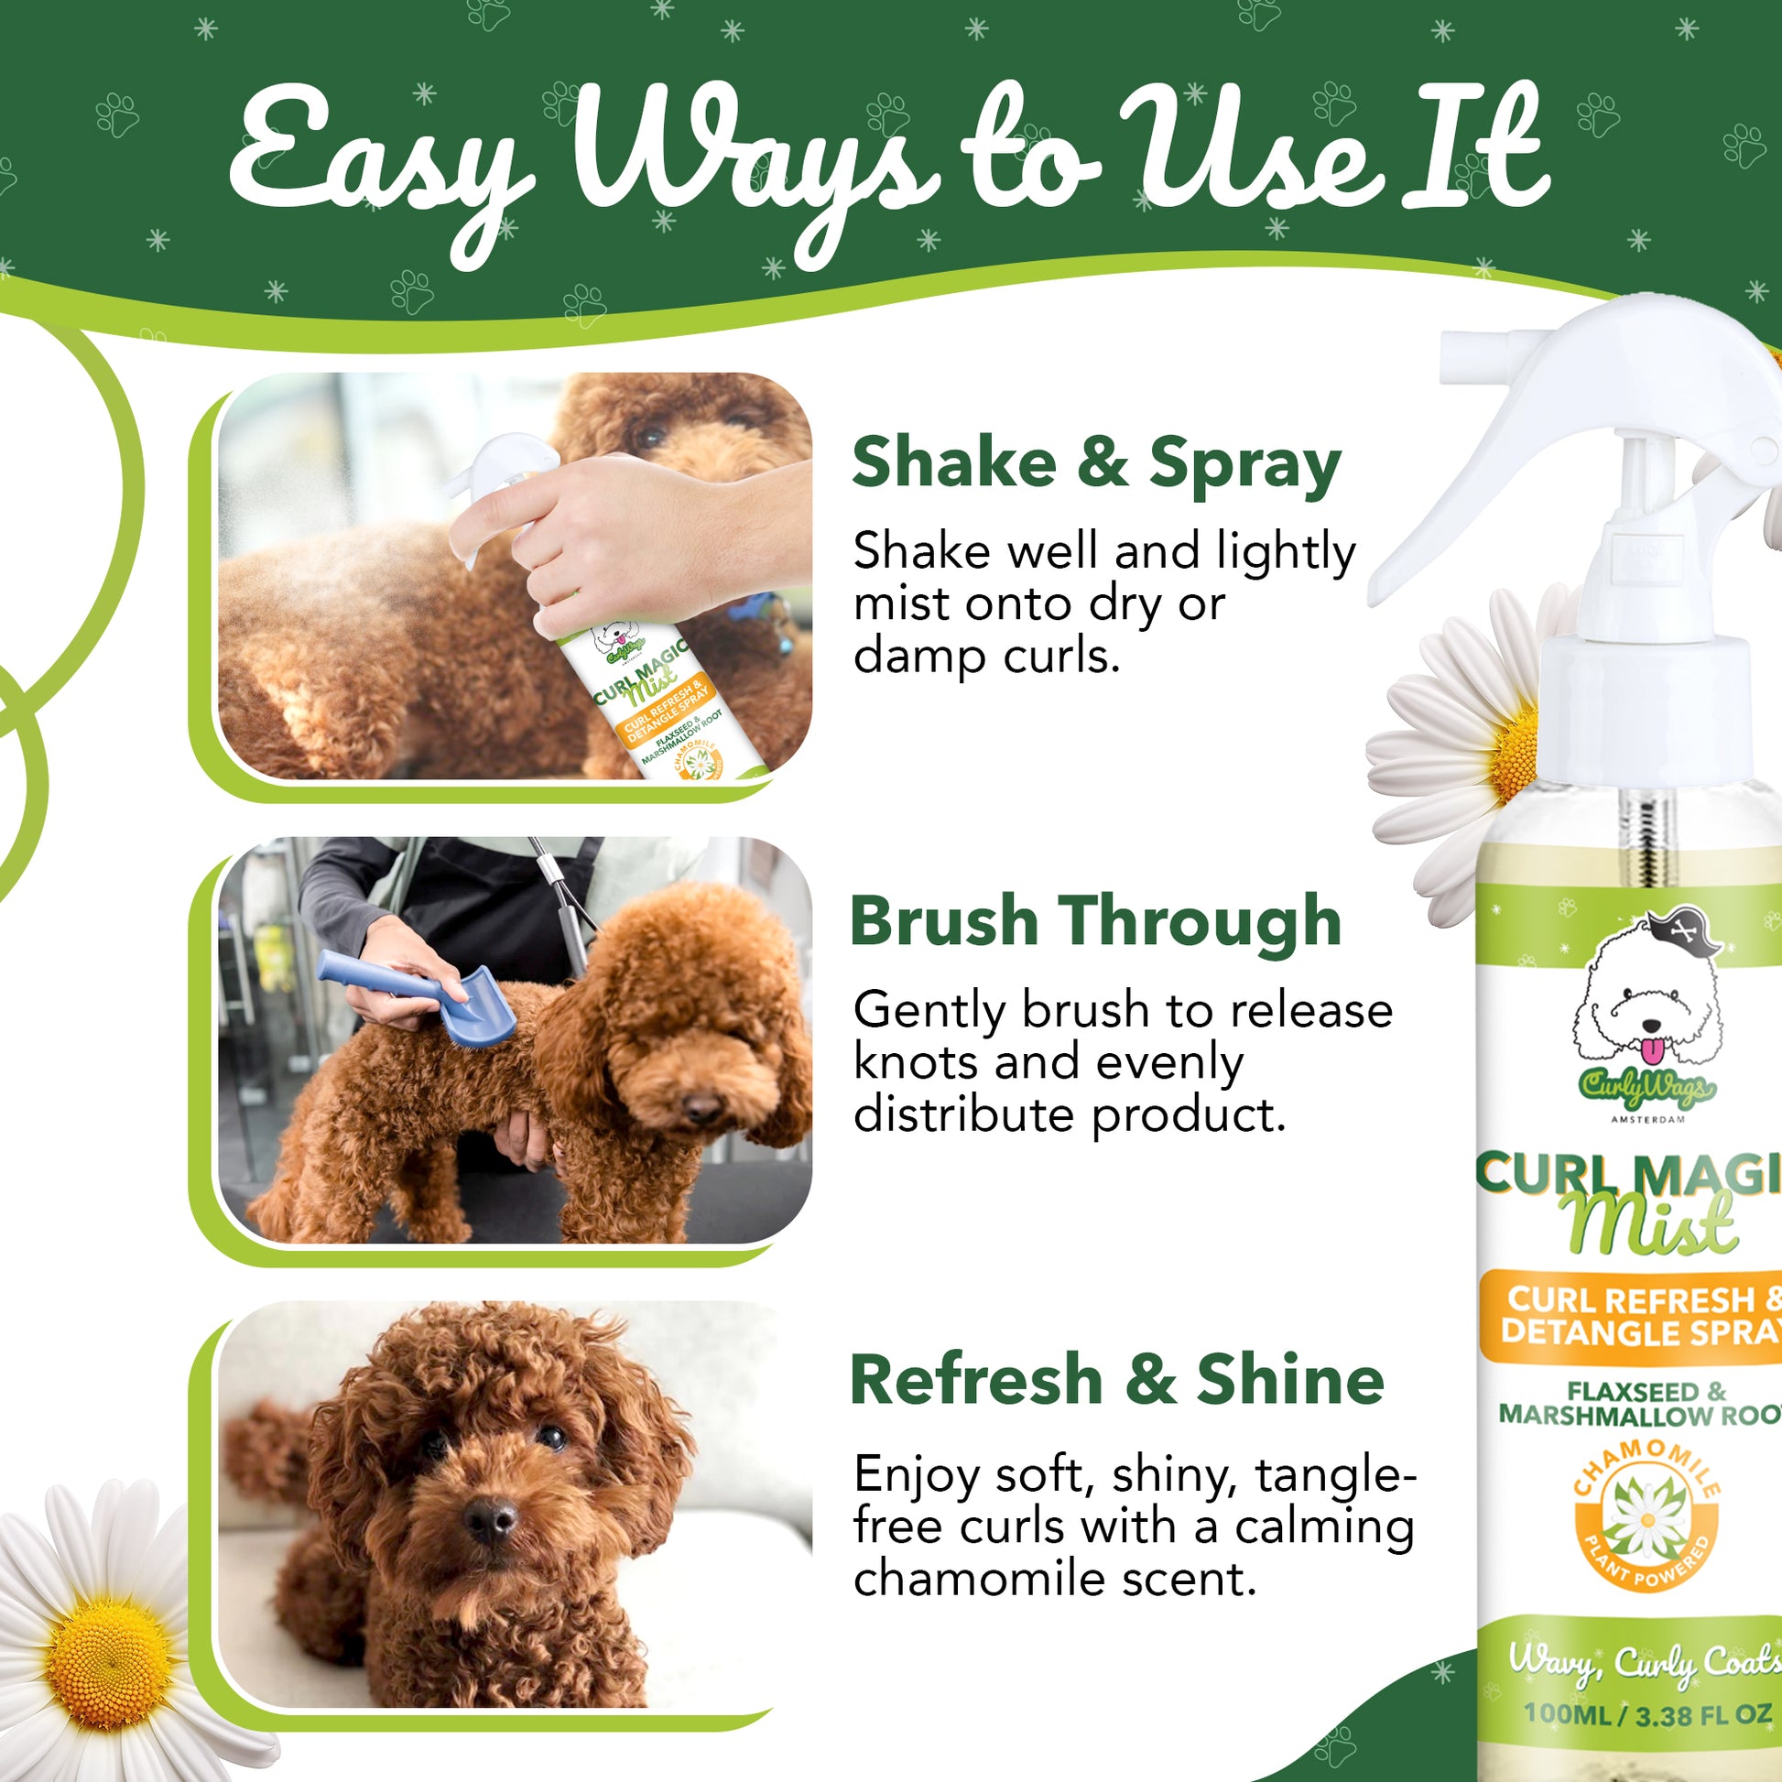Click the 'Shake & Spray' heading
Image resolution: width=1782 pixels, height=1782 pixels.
(x=1096, y=463)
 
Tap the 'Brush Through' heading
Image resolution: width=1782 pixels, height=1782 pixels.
(x=1096, y=921)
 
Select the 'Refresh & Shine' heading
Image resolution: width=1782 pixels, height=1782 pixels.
(x=1116, y=1380)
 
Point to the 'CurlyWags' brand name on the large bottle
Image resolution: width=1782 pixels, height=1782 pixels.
(x=1647, y=1090)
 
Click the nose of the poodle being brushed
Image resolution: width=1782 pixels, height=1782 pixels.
(x=704, y=1106)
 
